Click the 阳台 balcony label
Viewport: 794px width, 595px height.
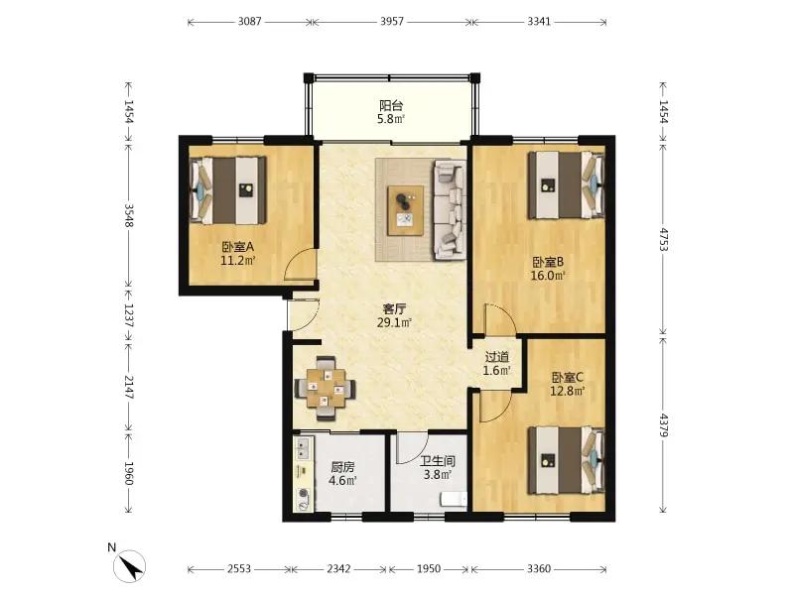pos(391,106)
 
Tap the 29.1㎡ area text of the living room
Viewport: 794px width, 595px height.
pos(394,322)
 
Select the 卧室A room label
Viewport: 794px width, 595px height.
pos(237,247)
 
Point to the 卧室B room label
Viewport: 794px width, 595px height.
pos(548,262)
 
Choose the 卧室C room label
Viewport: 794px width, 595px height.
pos(568,378)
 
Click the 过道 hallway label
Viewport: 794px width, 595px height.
pos(497,357)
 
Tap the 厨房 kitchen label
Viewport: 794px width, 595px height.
pos(342,467)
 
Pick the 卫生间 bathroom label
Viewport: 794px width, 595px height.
pos(438,461)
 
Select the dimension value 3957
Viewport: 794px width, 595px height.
pos(392,21)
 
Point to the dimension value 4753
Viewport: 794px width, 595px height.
pos(663,240)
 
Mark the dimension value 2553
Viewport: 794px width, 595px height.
pos(239,568)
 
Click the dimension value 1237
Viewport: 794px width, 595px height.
pos(129,315)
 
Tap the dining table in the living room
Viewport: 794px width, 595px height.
pos(325,388)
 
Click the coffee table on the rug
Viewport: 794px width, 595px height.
pos(406,210)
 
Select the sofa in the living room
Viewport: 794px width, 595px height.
pos(450,210)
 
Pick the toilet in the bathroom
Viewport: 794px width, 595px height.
pos(454,500)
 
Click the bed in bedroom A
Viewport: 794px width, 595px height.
pos(228,190)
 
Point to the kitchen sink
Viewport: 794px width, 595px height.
pos(303,448)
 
